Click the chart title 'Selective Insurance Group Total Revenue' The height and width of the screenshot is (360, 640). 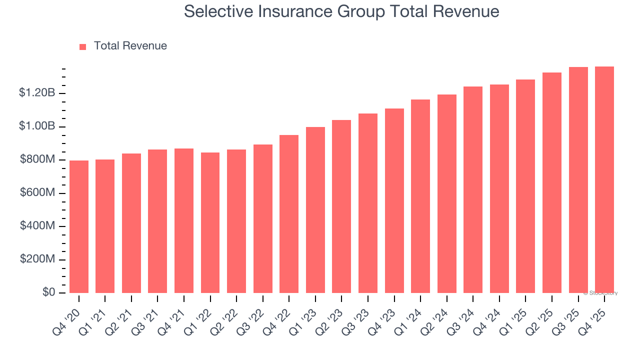[x=341, y=11]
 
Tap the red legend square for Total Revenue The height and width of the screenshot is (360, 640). [x=82, y=46]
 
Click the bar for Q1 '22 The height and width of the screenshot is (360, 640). [x=210, y=222]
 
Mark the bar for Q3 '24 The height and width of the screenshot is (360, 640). [x=473, y=189]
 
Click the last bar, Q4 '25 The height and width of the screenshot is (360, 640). [x=604, y=179]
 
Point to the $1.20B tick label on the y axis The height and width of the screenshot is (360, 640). [x=37, y=93]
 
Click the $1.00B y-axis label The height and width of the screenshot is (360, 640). [x=37, y=126]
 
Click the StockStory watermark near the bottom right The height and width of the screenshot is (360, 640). [x=600, y=293]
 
